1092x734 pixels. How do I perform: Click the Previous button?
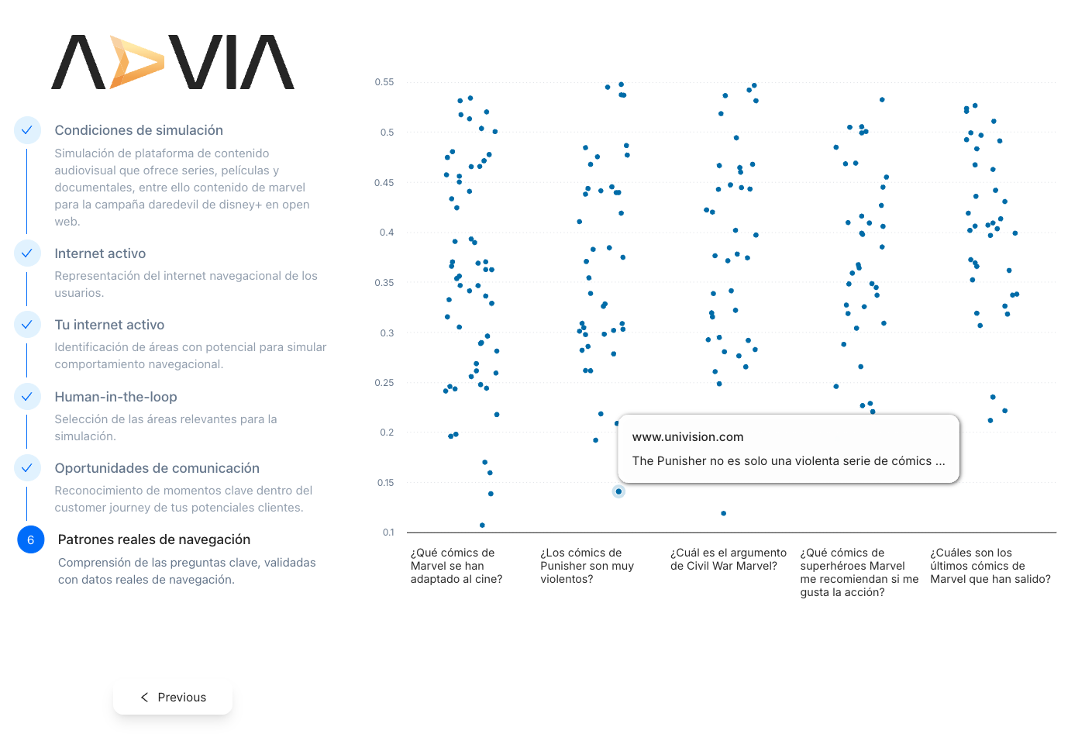pos(173,697)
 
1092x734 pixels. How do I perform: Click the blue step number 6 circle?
pos(31,540)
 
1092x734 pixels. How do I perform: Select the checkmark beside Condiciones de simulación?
pos(27,130)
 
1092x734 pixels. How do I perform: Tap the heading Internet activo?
pos(100,253)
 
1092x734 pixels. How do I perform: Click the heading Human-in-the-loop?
pos(115,397)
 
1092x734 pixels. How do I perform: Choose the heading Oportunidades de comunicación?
pos(157,468)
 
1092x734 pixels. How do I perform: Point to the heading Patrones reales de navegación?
pos(154,539)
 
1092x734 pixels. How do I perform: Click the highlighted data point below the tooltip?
pos(618,491)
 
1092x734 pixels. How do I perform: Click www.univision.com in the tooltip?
pos(687,437)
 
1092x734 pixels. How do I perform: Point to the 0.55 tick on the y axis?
pos(384,82)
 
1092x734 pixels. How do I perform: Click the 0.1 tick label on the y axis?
pos(388,532)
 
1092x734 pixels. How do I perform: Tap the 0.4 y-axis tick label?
pos(387,233)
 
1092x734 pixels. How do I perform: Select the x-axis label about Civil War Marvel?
pos(728,560)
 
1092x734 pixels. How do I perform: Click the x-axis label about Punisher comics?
pos(587,566)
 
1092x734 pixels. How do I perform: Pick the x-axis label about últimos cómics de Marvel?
pos(990,566)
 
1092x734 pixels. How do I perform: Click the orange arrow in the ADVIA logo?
pos(135,62)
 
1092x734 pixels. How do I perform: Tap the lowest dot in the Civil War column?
pos(724,513)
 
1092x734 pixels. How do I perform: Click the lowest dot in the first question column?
pos(482,526)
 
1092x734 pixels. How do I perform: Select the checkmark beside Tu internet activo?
pos(27,325)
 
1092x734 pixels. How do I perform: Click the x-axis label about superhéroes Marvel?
pos(859,572)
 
